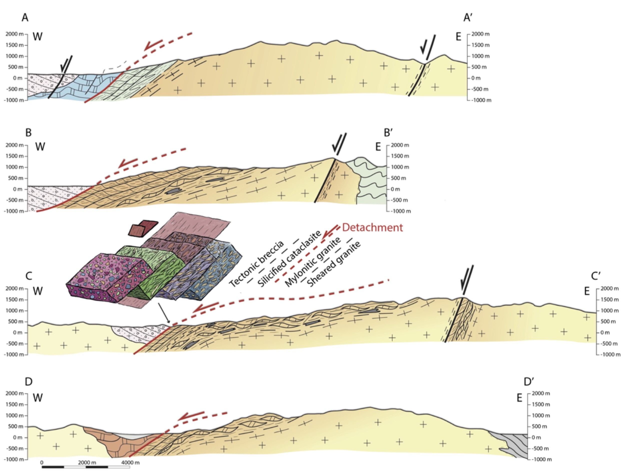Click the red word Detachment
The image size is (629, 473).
click(372, 227)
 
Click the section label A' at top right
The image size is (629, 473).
click(468, 18)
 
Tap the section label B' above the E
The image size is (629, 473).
click(388, 133)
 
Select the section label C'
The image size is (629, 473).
click(595, 276)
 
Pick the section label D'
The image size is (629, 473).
click(528, 382)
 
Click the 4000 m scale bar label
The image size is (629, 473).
click(130, 462)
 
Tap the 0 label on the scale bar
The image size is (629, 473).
click(42, 462)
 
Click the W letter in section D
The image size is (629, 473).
click(38, 398)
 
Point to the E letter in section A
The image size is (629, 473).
click(458, 37)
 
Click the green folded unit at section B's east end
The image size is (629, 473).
click(371, 182)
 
